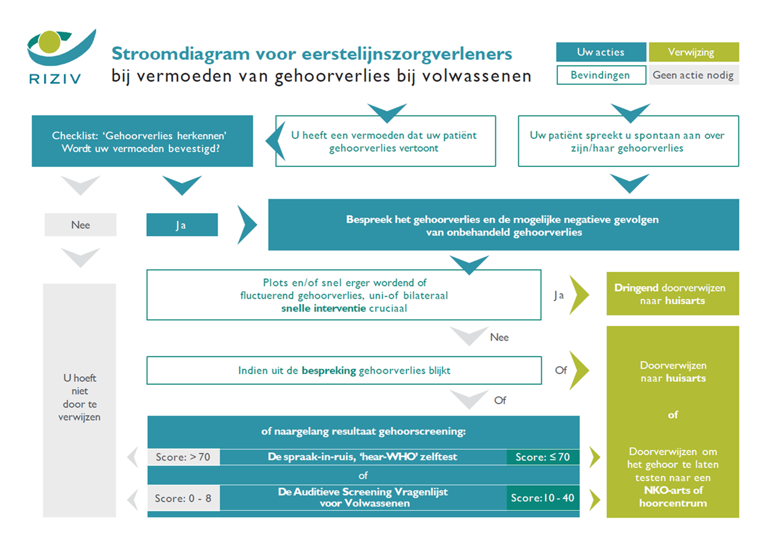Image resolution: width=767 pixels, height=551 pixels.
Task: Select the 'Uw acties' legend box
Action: point(601,52)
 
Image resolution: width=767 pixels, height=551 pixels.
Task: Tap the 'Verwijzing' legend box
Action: point(693,52)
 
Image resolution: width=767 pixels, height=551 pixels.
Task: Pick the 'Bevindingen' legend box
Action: point(601,75)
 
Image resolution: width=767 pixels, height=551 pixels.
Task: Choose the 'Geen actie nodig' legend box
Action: point(693,75)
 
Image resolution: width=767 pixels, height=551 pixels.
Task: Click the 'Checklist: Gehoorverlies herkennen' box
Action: point(142,141)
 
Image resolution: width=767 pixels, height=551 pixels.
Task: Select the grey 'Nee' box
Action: point(80,225)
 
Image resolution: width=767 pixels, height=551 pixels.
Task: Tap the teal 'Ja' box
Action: point(182,225)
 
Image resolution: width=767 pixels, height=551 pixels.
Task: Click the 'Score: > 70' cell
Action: point(183,457)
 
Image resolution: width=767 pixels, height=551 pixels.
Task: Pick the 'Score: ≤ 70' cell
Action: point(542,457)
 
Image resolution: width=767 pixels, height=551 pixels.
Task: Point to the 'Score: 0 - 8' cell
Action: point(183,498)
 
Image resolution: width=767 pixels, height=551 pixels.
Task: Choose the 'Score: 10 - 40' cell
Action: point(542,498)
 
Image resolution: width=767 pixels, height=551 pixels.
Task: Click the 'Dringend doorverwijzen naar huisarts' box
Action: point(672,294)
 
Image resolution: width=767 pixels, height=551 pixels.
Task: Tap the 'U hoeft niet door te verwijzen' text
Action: point(79,397)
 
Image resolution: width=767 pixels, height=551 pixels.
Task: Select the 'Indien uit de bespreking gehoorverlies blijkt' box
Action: point(344,370)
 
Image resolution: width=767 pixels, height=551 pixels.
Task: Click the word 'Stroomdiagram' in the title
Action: point(181,54)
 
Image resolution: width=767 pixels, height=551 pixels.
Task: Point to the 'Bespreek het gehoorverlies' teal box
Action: point(503,225)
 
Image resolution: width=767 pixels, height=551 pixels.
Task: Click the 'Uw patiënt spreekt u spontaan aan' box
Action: point(628,141)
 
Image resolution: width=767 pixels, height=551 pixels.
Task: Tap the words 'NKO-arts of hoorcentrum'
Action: point(673,497)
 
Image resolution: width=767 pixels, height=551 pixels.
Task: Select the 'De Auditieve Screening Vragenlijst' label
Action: point(363,497)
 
